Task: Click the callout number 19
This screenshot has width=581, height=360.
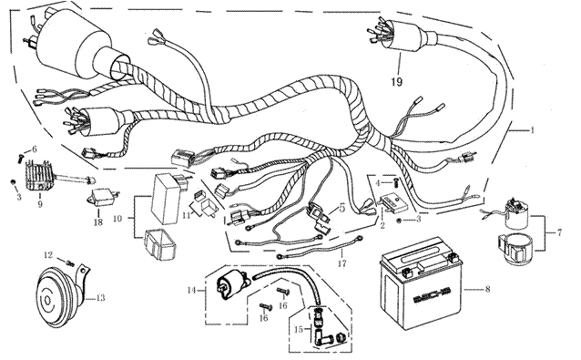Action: point(396,81)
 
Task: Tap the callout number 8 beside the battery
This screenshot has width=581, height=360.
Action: point(487,288)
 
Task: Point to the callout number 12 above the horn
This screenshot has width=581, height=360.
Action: point(49,255)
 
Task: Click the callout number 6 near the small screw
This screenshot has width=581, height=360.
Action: point(35,149)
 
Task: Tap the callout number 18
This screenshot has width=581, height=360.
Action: point(98,222)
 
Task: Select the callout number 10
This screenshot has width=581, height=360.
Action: point(117,219)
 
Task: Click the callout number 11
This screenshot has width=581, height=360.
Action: point(186,215)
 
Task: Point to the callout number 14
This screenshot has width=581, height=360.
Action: point(191,290)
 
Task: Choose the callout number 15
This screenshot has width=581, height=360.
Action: point(299,329)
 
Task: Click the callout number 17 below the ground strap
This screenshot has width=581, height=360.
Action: point(341,263)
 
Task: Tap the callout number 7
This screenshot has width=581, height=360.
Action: point(559,232)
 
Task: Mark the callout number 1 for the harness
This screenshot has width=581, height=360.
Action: point(533,130)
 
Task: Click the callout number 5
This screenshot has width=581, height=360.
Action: point(341,208)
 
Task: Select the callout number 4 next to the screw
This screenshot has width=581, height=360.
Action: point(378,183)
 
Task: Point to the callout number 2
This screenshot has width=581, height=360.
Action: point(382,225)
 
